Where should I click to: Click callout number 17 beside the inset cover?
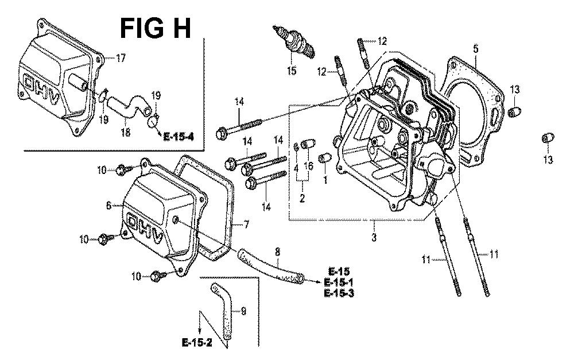(x=121, y=58)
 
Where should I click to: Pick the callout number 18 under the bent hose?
(x=125, y=133)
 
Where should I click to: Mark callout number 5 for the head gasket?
(x=476, y=49)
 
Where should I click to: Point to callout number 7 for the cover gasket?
(x=247, y=225)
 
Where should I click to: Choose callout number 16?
(x=307, y=166)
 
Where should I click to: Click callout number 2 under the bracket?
(x=302, y=198)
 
